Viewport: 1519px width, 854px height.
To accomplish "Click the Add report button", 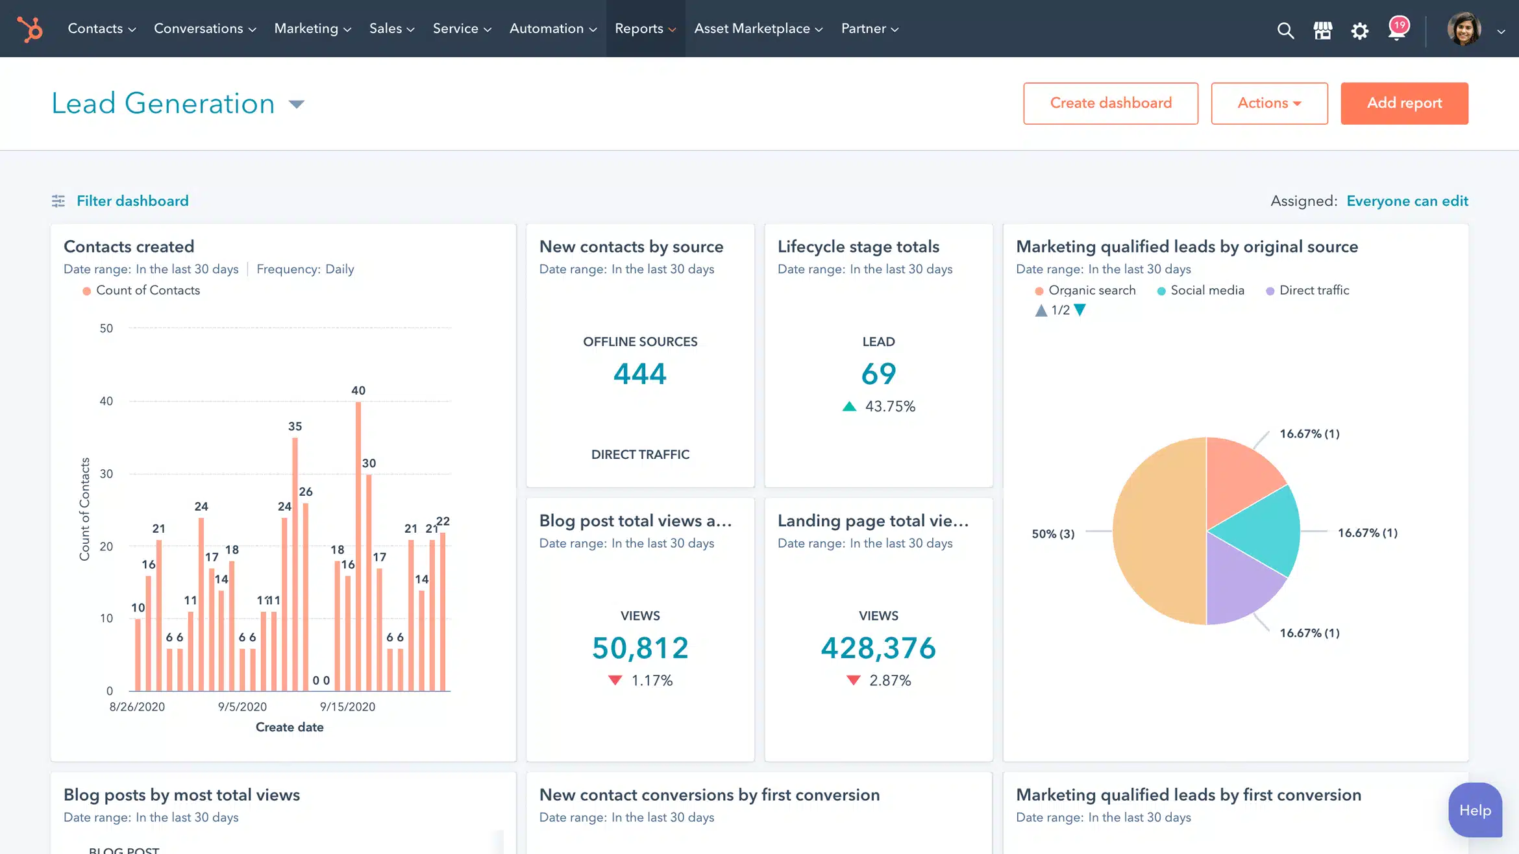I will click(x=1403, y=103).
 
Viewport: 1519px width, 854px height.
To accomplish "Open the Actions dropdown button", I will click(x=1268, y=103).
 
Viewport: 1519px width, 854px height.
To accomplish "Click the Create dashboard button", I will click(x=1110, y=103).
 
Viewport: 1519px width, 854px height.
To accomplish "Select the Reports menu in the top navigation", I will click(x=645, y=29).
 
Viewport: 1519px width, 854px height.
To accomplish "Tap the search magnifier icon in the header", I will click(x=1285, y=30).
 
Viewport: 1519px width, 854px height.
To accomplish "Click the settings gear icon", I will click(x=1359, y=30).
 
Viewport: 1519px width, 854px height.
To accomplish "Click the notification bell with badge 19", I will click(x=1397, y=29).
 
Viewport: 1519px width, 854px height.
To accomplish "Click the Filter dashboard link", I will click(x=132, y=201).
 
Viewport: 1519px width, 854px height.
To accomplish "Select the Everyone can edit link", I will click(x=1407, y=201).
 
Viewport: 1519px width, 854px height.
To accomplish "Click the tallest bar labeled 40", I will click(x=358, y=545).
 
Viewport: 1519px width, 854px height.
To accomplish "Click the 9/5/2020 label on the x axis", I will click(x=242, y=707).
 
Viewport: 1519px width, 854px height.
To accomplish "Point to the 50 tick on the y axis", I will click(x=106, y=328).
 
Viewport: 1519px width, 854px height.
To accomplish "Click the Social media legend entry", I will click(x=1206, y=290).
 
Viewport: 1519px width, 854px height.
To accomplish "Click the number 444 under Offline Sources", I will click(x=639, y=374).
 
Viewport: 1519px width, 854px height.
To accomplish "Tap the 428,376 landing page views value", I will click(x=878, y=648).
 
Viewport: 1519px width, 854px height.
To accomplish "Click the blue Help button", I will click(x=1474, y=810).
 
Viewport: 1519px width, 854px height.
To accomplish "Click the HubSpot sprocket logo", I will click(x=30, y=29).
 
